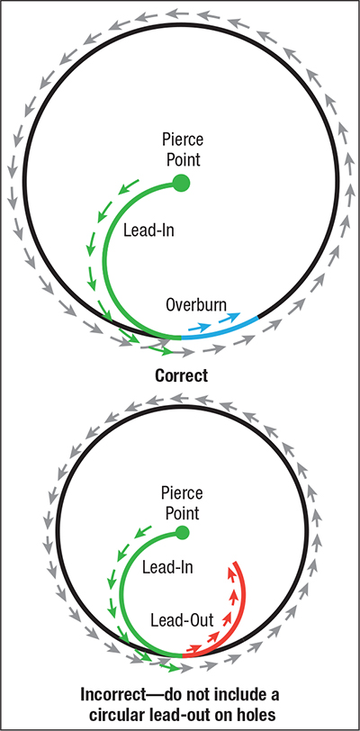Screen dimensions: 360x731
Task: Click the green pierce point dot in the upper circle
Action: pyautogui.click(x=181, y=184)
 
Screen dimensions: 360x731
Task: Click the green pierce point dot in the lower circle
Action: pyautogui.click(x=182, y=532)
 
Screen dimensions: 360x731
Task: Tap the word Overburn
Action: pyautogui.click(x=196, y=305)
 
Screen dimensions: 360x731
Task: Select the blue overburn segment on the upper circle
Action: pyautogui.click(x=220, y=329)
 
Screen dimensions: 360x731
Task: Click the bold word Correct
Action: pyautogui.click(x=181, y=375)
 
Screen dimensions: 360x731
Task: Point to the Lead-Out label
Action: pyautogui.click(x=182, y=620)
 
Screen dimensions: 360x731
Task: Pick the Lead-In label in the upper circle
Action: pyautogui.click(x=148, y=230)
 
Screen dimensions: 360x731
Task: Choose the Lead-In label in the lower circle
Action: pyautogui.click(x=167, y=567)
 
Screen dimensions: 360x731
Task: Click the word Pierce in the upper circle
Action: pyautogui.click(x=183, y=139)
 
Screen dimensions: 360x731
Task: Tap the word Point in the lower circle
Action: pyautogui.click(x=182, y=513)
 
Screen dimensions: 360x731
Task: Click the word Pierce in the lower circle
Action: pyautogui.click(x=182, y=492)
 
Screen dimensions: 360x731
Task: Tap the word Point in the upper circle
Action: pyautogui.click(x=183, y=159)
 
